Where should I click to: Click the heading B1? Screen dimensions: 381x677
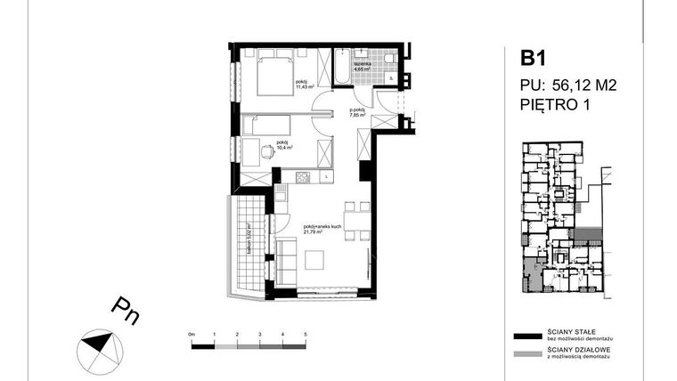[x=533, y=60]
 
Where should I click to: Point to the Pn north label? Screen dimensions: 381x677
[x=125, y=310]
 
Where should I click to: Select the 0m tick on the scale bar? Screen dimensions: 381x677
[x=192, y=333]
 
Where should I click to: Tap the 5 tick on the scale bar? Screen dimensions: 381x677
[x=305, y=333]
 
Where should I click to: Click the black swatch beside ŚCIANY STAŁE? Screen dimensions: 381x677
[x=526, y=336]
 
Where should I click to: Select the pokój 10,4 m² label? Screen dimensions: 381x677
[x=283, y=144]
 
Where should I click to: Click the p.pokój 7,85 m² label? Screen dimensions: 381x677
[x=358, y=111]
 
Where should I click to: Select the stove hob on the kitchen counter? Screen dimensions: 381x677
[x=303, y=177]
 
